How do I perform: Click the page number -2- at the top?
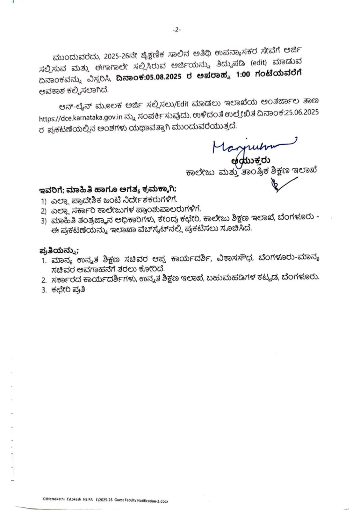click(x=176, y=30)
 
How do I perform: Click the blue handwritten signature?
click(x=252, y=146)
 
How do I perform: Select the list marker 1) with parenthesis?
click(x=44, y=201)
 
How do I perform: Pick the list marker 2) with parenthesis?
click(x=44, y=211)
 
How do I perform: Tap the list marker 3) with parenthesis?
click(x=44, y=221)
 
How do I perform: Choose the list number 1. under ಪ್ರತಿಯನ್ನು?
click(x=44, y=260)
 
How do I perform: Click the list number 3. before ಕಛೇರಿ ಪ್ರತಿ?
click(x=44, y=290)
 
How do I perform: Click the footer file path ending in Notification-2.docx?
click(x=105, y=501)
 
